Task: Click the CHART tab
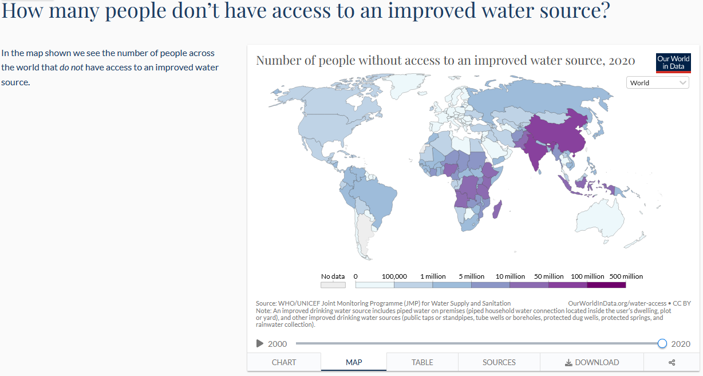[284, 362]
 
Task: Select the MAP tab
[354, 362]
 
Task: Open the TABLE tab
[422, 362]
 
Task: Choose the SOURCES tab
[499, 362]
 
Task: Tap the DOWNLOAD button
[592, 362]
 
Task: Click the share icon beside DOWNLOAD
[672, 362]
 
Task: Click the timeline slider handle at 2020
[662, 343]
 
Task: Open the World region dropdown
[658, 83]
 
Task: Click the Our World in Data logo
[673, 63]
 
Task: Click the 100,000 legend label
[394, 276]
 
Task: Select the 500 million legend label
[626, 276]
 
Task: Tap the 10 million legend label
[510, 276]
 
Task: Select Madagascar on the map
[497, 209]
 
